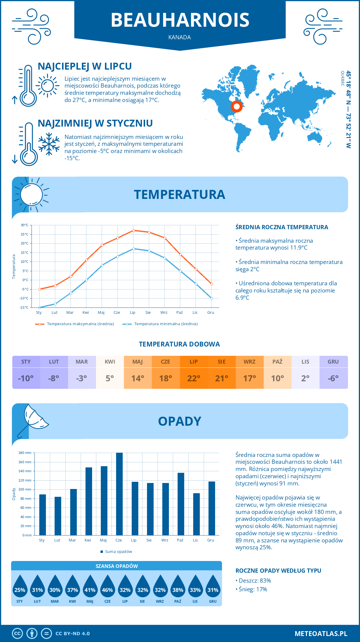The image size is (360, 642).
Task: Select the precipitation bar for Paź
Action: [181, 504]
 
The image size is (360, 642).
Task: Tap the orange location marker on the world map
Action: [237, 106]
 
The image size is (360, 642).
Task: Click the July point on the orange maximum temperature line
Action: [134, 230]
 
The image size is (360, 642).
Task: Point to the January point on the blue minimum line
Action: [40, 307]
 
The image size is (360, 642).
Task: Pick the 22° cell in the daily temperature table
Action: [193, 378]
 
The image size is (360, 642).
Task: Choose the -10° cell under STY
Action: [26, 378]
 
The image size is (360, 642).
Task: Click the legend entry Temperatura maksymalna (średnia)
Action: [80, 324]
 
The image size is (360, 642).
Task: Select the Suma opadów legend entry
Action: [118, 552]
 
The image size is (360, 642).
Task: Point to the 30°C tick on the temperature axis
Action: [25, 225]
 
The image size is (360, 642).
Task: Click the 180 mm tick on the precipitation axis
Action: [25, 453]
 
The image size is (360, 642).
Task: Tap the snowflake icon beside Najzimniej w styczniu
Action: [49, 144]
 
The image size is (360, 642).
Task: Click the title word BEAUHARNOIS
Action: [180, 20]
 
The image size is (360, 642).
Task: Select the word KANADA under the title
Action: [180, 37]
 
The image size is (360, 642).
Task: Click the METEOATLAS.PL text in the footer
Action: [321, 634]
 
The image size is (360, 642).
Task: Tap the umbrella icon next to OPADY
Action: [33, 419]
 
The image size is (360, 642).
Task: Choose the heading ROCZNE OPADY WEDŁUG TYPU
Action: [278, 571]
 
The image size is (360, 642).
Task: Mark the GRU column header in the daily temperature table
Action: [333, 362]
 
